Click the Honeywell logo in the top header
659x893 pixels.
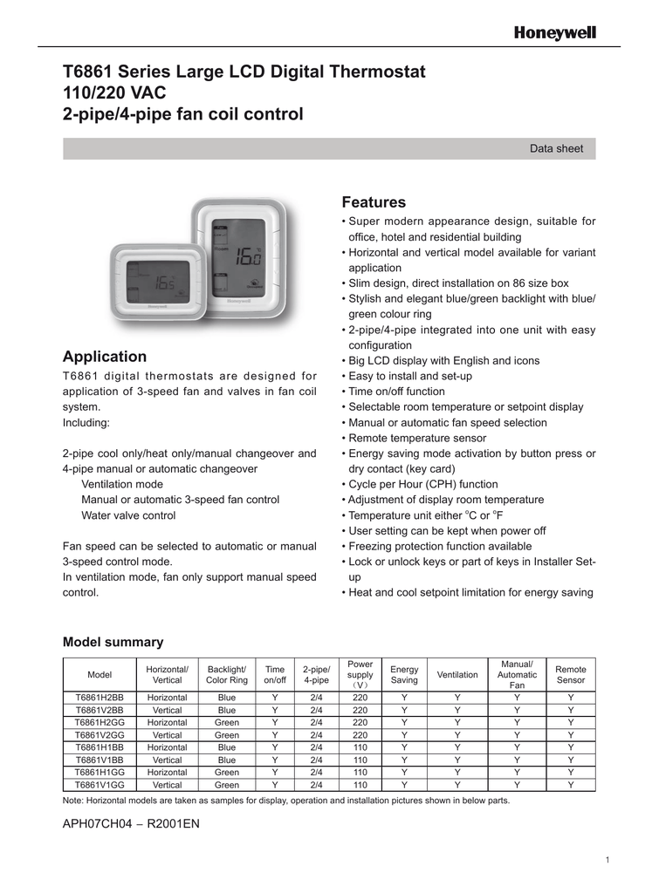[x=554, y=32]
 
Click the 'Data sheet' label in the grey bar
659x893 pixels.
[x=556, y=148]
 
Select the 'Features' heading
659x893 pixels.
[x=374, y=202]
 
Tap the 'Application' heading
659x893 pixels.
[x=105, y=356]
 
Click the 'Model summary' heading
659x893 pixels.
[x=113, y=642]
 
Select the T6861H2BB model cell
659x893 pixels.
[x=100, y=698]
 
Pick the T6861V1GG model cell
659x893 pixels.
[x=100, y=785]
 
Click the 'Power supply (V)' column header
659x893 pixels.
[x=360, y=675]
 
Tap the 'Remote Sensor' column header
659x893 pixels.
[x=571, y=675]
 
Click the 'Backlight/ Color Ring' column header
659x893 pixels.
[x=226, y=675]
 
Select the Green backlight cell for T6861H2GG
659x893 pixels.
[x=226, y=723]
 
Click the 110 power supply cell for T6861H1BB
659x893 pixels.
[x=360, y=747]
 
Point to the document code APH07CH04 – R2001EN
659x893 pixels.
[x=131, y=823]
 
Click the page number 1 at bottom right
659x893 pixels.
[x=607, y=861]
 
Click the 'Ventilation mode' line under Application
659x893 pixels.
[x=122, y=484]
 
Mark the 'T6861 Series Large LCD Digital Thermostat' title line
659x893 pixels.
[x=244, y=72]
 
